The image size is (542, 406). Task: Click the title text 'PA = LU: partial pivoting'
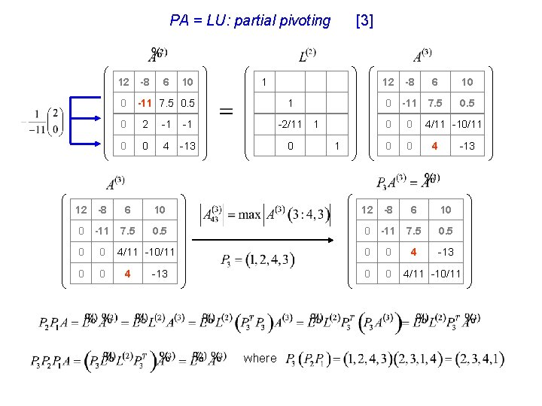250,21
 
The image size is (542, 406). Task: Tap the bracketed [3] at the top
364,21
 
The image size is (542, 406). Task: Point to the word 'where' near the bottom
260,358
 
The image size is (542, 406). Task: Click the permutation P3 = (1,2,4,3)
258,260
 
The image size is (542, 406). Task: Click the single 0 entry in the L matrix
291,145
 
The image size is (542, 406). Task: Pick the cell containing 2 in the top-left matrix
145,124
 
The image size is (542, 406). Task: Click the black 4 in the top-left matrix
166,145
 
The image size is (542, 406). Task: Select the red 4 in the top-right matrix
434,145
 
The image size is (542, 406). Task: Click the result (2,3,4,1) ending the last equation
473,359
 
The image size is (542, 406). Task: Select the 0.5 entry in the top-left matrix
187,103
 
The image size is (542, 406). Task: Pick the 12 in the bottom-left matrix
81,209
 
